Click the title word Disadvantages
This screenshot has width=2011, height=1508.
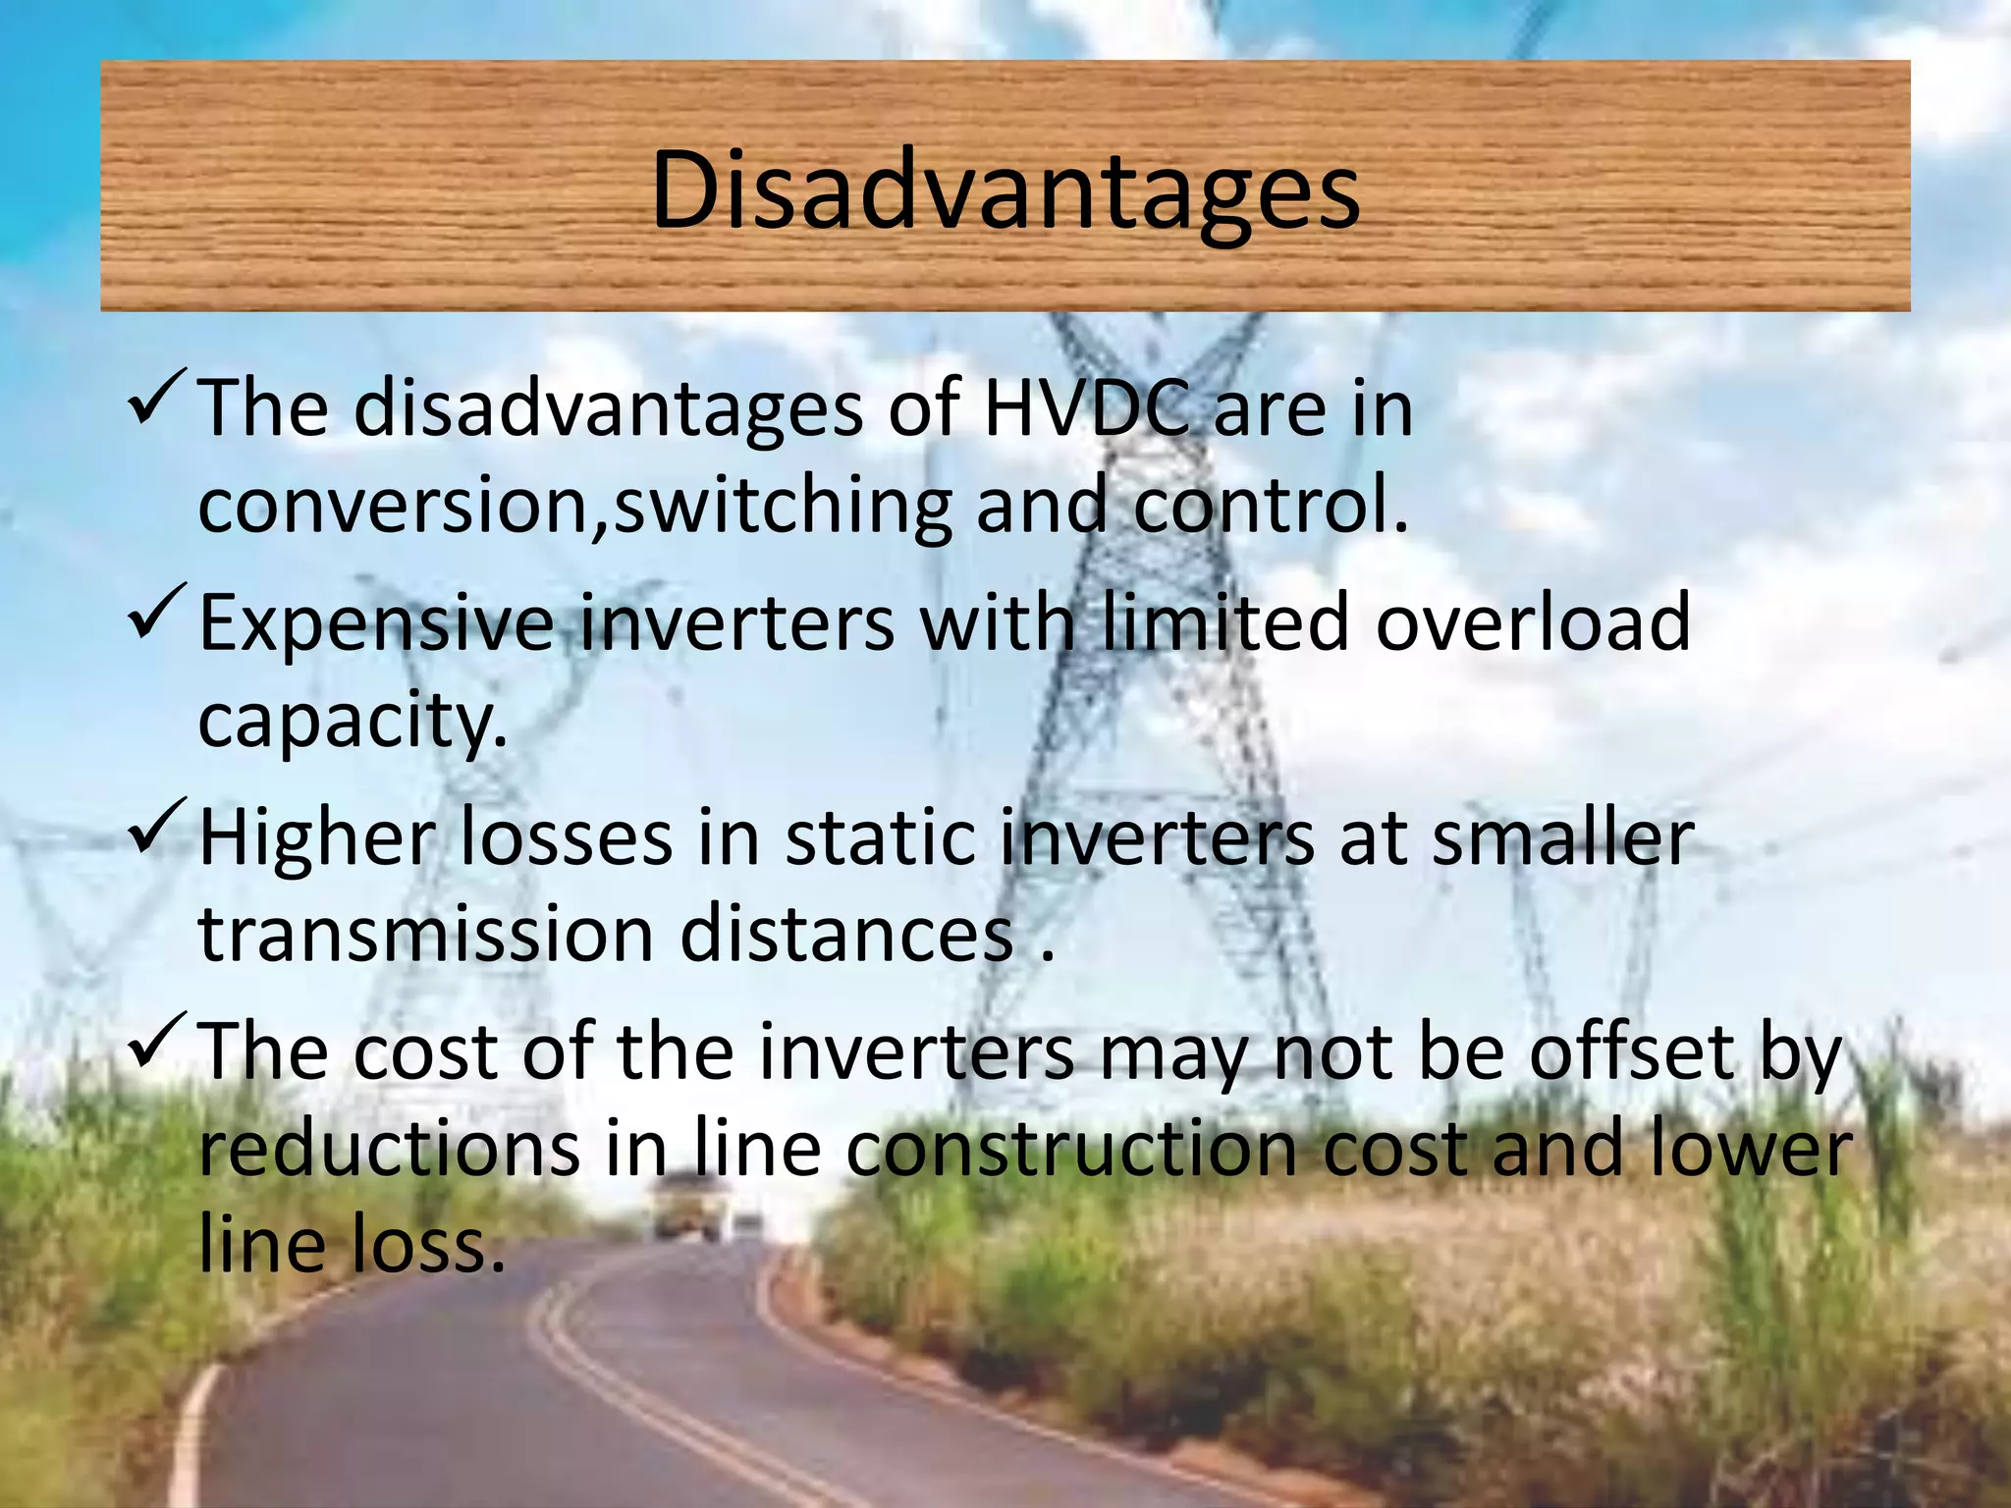pos(1005,191)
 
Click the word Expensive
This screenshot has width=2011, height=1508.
pos(376,624)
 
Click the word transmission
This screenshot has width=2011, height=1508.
pos(426,934)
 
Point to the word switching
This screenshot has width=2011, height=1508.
pos(783,507)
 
